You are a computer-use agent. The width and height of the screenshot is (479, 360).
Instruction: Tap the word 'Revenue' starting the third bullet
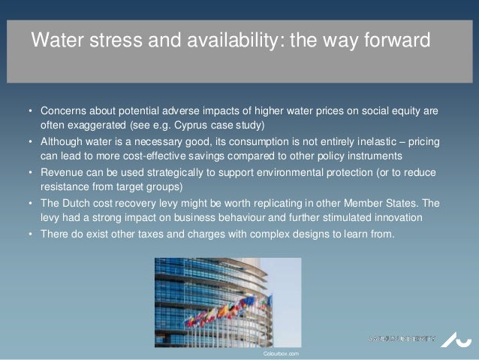coord(61,172)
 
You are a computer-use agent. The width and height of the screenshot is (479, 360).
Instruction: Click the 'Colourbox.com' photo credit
coord(282,352)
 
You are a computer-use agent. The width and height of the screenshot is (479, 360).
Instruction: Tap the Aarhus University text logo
coord(402,339)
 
